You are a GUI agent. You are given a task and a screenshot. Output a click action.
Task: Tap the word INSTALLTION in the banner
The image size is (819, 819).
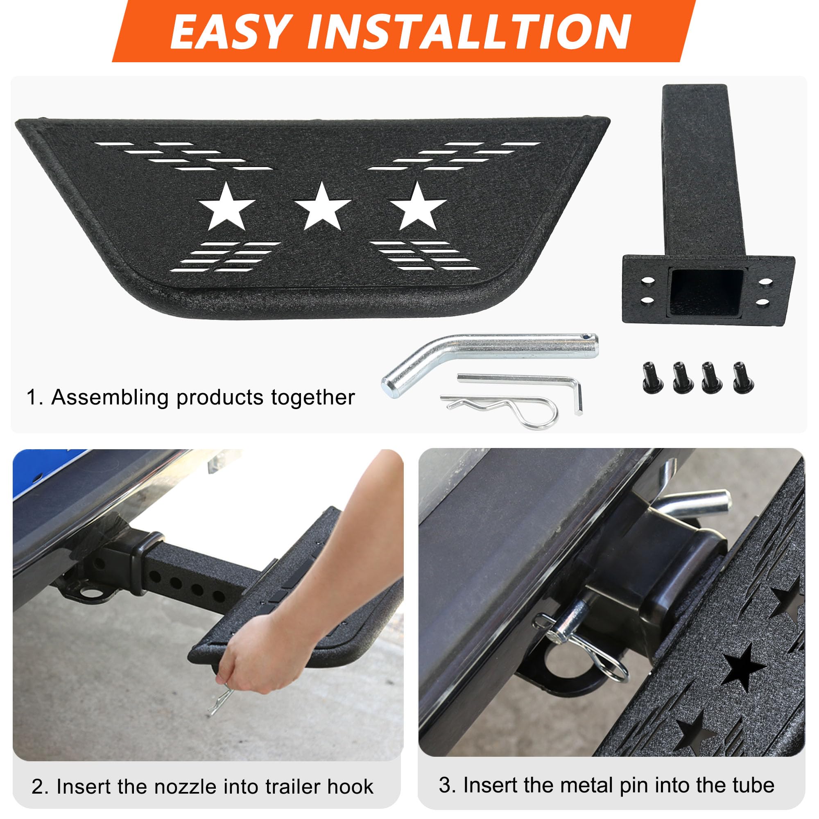pyautogui.click(x=469, y=32)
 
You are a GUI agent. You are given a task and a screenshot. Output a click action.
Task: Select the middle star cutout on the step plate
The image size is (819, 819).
pyautogui.click(x=322, y=207)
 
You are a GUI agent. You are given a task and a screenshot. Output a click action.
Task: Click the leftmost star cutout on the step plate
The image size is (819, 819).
pyautogui.click(x=226, y=207)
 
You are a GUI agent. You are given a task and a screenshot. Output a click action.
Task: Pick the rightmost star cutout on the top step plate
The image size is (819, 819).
pyautogui.click(x=417, y=207)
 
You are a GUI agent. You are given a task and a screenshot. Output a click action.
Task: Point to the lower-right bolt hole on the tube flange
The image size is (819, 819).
pyautogui.click(x=762, y=303)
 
